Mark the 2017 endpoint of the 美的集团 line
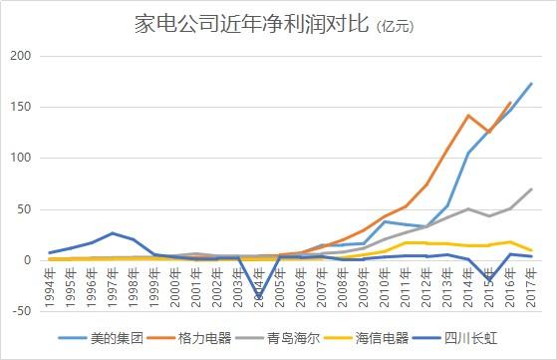531,84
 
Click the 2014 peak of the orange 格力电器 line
468,116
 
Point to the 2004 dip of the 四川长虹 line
259,297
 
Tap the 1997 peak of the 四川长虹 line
114,233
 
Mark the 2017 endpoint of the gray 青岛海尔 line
531,189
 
